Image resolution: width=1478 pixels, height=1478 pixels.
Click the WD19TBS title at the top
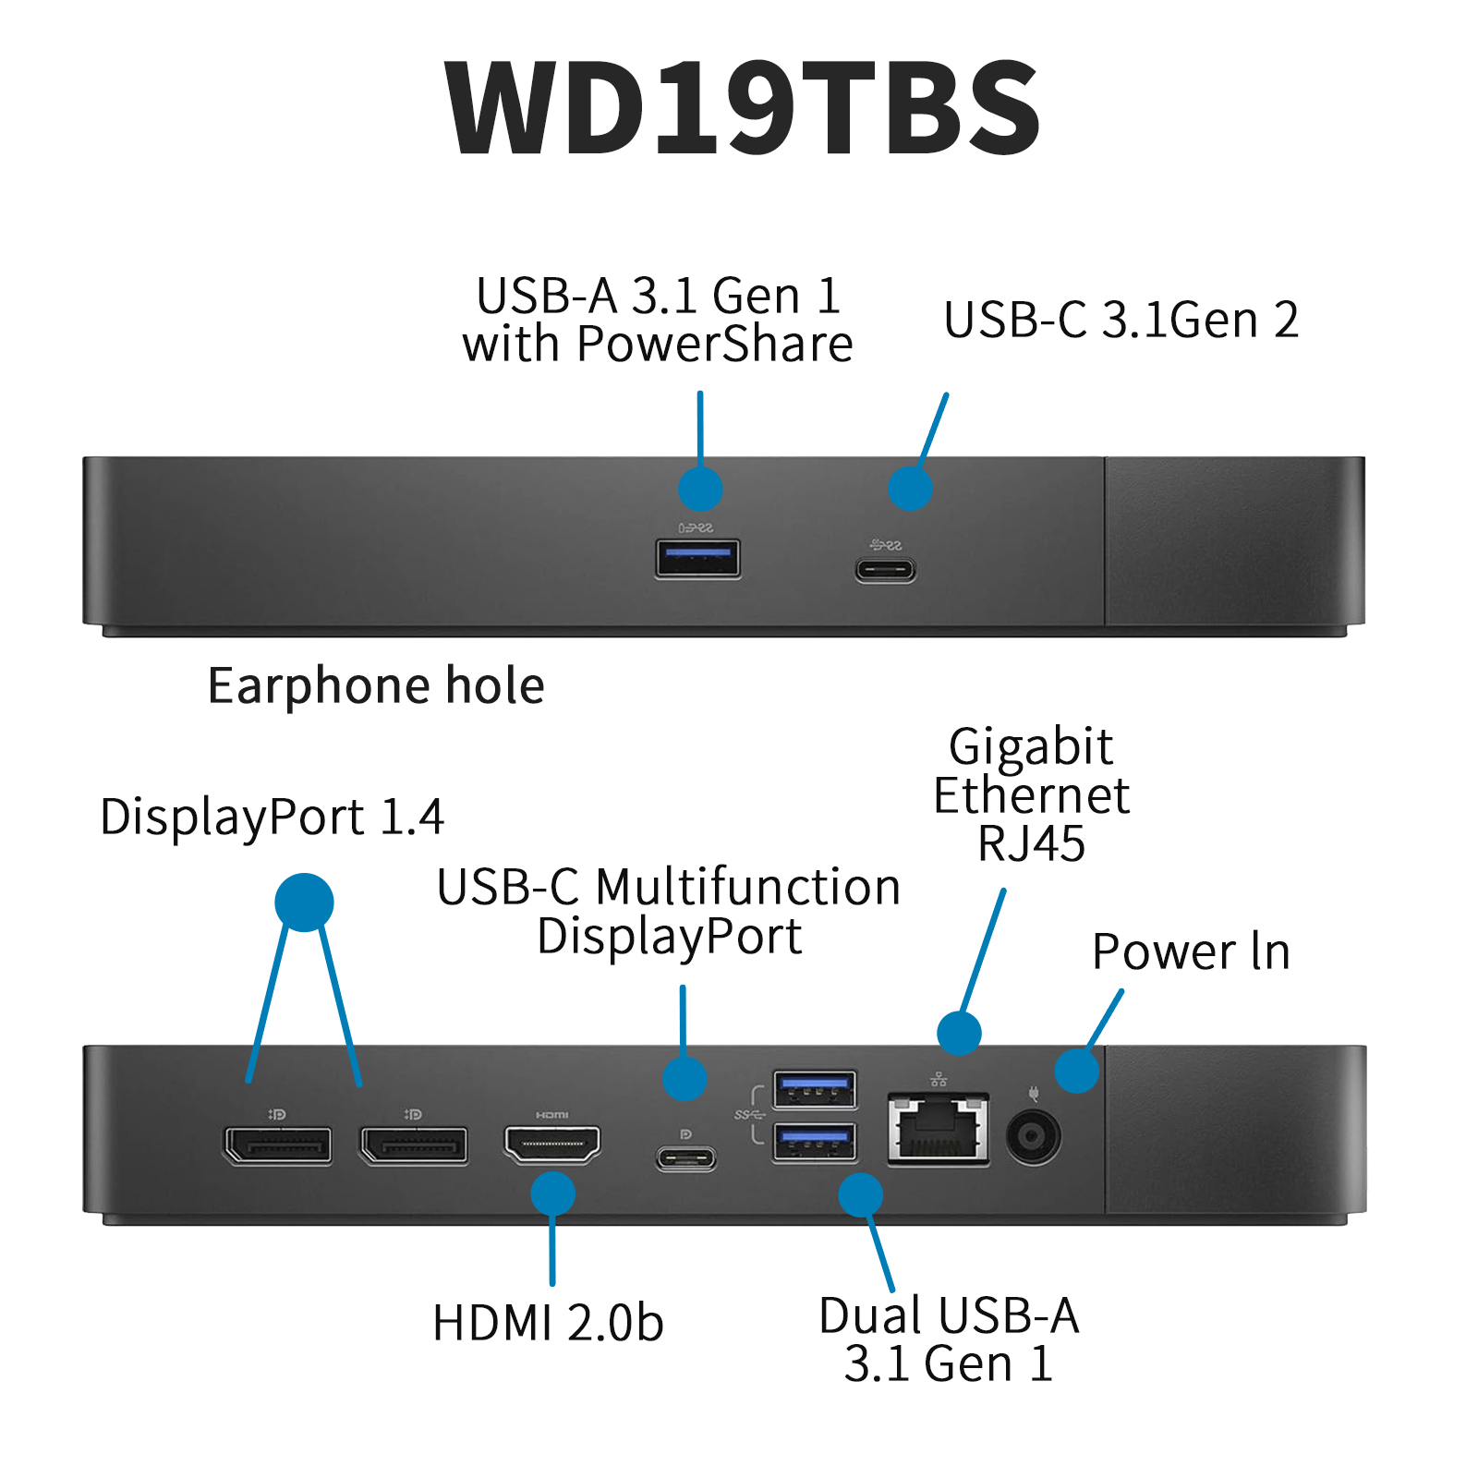(x=742, y=108)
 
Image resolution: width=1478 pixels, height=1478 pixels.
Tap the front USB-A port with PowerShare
(x=697, y=558)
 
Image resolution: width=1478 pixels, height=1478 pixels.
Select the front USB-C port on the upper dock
(x=885, y=569)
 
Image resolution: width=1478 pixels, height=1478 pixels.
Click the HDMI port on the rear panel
(x=551, y=1145)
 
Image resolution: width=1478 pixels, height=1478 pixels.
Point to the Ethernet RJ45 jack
(x=938, y=1129)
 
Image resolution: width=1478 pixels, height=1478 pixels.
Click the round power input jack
(x=1033, y=1135)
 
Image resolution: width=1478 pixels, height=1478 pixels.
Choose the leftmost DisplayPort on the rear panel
(x=277, y=1145)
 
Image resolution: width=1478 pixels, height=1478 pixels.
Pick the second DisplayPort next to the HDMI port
(x=414, y=1145)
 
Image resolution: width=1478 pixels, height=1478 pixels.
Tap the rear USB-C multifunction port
(x=685, y=1157)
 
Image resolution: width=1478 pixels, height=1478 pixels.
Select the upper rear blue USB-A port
(x=814, y=1089)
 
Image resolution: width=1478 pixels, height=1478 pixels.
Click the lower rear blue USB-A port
(x=814, y=1143)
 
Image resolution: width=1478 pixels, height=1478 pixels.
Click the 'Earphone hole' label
(x=376, y=686)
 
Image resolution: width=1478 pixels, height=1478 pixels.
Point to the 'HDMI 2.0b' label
(x=548, y=1323)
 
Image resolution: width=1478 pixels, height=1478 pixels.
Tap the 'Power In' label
(x=1191, y=952)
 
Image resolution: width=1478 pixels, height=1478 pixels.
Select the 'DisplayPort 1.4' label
(x=272, y=818)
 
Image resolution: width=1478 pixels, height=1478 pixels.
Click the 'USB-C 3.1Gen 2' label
(x=1121, y=321)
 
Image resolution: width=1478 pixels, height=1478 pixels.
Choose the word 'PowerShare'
(x=714, y=345)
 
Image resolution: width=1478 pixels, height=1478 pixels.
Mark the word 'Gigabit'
(x=1031, y=746)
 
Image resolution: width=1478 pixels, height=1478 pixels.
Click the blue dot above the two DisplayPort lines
(x=304, y=902)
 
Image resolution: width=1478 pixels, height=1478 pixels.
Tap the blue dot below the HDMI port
(x=552, y=1193)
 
